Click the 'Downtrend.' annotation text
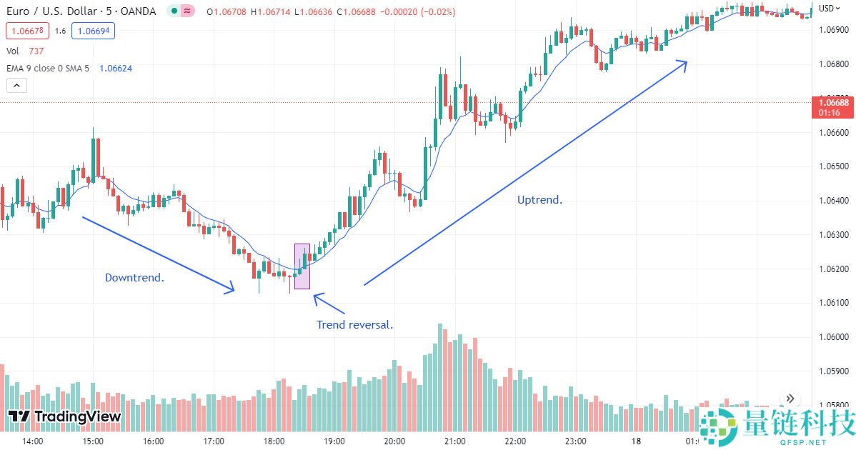tap(134, 277)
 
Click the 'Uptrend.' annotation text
tap(539, 200)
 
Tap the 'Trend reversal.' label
tap(354, 324)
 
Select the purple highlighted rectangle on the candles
tap(302, 266)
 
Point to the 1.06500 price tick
tap(834, 166)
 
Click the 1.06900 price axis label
tap(834, 29)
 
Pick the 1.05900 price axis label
tap(834, 371)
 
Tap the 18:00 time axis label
tap(274, 441)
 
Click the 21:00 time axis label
tap(454, 441)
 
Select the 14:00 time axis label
tap(33, 441)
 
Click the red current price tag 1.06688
tap(834, 103)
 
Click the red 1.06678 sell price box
tap(26, 31)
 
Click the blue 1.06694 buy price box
tap(94, 31)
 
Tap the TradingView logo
tap(64, 416)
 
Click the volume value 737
tap(36, 51)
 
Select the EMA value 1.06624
tap(115, 68)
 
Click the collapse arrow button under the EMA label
tap(16, 85)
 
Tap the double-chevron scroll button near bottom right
tap(790, 399)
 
